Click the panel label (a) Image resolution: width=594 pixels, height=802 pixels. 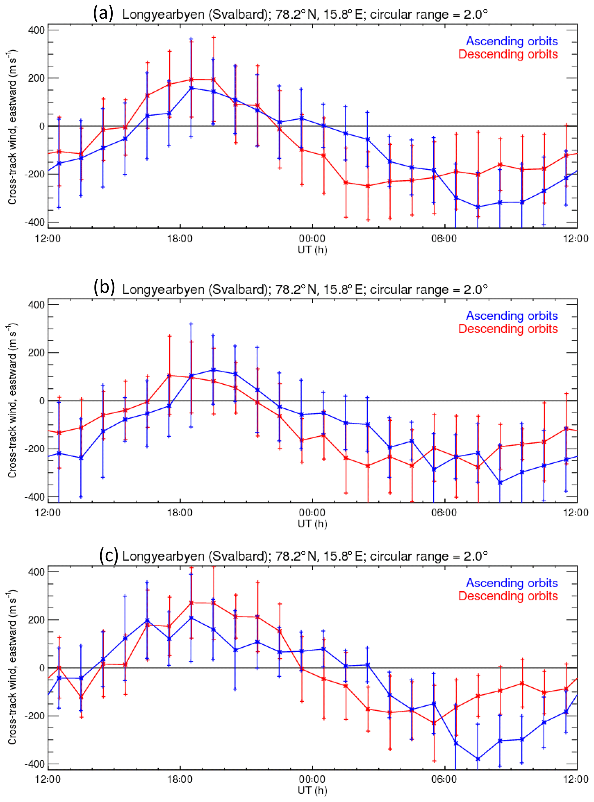[103, 14]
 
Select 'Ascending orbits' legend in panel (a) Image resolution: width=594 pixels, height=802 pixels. [512, 41]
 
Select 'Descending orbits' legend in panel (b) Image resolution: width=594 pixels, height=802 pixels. [508, 329]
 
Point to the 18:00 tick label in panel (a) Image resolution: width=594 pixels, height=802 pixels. [180, 239]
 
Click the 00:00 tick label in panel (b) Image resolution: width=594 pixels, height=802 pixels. [312, 513]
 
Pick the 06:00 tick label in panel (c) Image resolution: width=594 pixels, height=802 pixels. [444, 779]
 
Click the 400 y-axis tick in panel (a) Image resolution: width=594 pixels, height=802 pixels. [36, 30]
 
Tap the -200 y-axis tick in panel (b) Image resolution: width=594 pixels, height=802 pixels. [34, 449]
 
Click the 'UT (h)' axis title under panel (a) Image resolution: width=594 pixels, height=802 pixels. [312, 250]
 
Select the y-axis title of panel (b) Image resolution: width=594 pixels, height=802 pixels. [13, 400]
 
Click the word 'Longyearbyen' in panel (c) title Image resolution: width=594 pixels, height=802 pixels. [163, 556]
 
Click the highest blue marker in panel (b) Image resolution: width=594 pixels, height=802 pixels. [213, 370]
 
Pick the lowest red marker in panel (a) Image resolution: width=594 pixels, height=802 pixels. [368, 186]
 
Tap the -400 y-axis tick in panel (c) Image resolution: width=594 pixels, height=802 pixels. [34, 764]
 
